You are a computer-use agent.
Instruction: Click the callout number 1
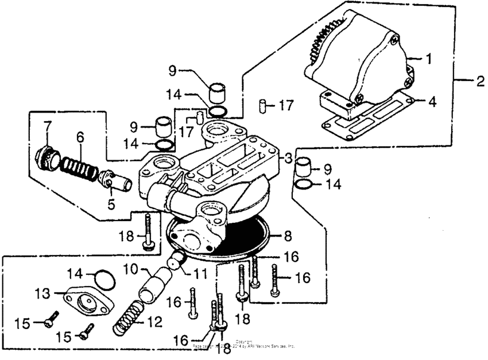point(427,59)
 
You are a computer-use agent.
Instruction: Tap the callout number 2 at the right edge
point(480,82)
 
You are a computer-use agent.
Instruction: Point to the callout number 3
point(289,157)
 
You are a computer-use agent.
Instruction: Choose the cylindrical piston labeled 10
point(154,286)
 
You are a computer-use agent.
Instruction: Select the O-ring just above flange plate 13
point(103,281)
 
